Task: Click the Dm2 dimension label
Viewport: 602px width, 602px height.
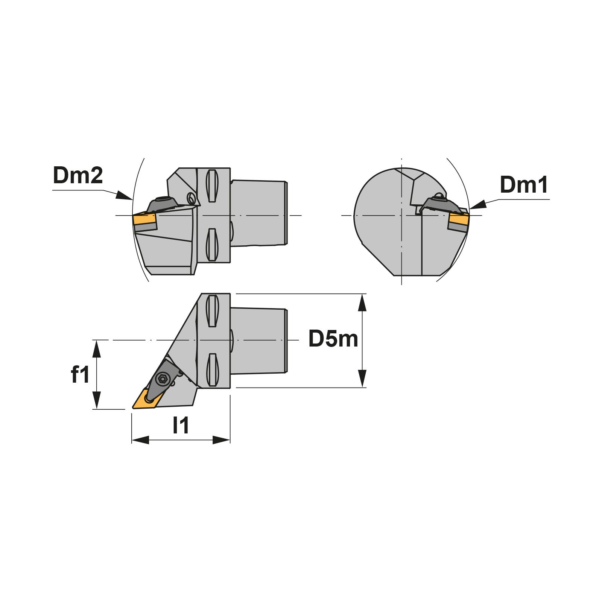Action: coord(78,175)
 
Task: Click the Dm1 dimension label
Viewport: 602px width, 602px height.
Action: coord(524,185)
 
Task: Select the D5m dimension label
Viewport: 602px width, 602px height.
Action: coord(333,339)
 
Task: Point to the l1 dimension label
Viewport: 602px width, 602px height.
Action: coord(181,425)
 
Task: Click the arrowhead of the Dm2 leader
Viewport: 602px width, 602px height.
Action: coord(124,195)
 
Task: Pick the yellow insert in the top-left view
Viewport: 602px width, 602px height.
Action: coord(144,222)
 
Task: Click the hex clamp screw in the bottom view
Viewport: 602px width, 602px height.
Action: coord(162,379)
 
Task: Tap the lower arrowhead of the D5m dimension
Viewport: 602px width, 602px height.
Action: coord(362,379)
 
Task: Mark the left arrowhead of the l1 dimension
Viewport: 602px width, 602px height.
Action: coord(140,440)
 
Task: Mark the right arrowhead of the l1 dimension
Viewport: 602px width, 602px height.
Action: coord(221,440)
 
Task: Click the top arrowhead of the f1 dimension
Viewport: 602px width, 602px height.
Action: coord(97,348)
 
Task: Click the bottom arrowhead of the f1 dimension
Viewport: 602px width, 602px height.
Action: coord(97,400)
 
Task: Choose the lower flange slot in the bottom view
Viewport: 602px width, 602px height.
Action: coord(212,370)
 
